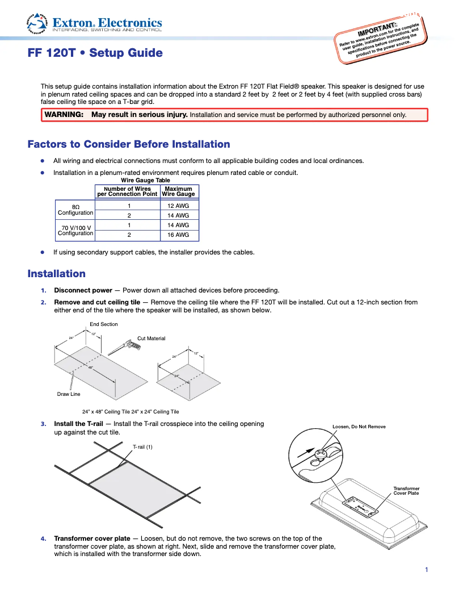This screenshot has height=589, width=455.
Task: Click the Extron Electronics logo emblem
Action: coord(38,22)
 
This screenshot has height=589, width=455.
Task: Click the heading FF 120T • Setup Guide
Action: coord(95,53)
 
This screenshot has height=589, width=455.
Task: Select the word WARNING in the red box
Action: coord(64,115)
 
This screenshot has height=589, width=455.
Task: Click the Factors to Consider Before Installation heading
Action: coord(129,144)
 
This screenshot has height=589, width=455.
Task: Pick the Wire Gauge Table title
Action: coord(145,181)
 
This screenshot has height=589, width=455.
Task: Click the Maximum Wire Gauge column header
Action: coord(178,191)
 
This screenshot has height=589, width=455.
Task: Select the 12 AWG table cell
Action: coord(178,206)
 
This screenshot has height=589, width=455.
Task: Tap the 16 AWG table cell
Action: coord(178,235)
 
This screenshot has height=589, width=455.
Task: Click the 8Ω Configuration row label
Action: coord(75,210)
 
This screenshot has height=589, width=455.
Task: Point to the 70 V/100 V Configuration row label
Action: coord(75,230)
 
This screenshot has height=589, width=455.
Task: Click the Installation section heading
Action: coord(57,274)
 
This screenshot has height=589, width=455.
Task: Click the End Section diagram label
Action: coord(104,324)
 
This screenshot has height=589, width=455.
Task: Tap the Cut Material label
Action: coord(151,339)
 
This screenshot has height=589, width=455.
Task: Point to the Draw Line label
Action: coord(69,394)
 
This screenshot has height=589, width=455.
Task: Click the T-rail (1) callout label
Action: coord(142,447)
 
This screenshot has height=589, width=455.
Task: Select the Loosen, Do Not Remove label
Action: coord(359,427)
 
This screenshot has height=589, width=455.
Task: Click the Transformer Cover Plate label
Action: coord(406,491)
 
